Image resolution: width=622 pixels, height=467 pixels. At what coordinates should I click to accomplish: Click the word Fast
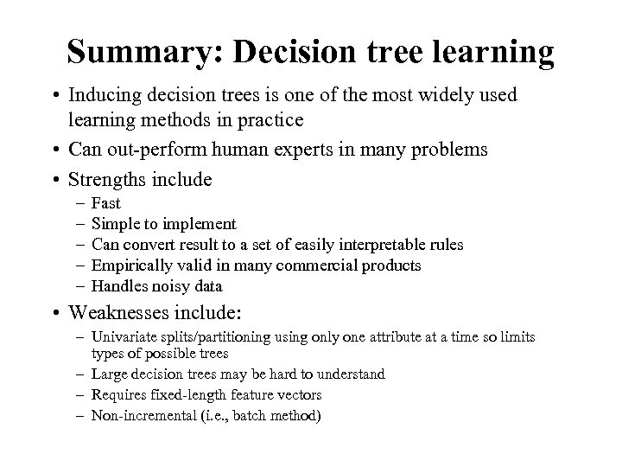click(105, 204)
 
